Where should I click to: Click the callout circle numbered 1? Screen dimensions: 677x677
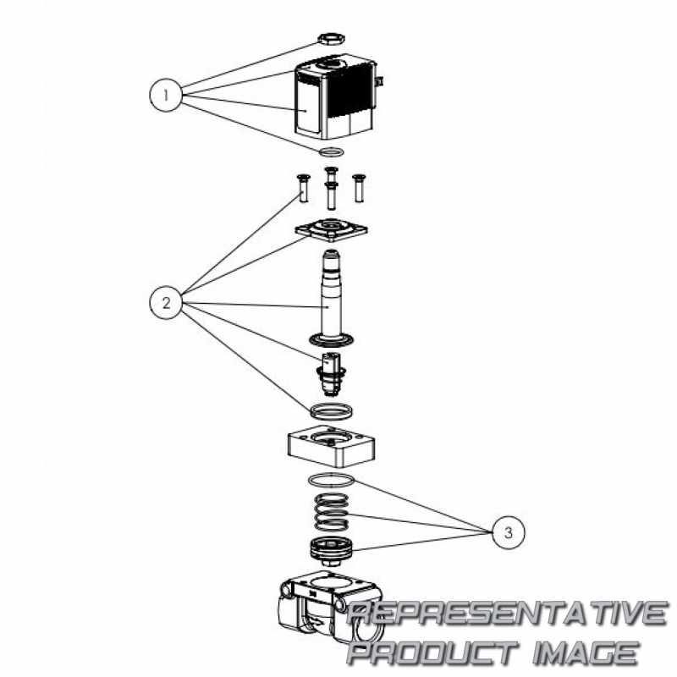(x=166, y=95)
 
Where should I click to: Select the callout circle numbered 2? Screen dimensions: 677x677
(x=166, y=303)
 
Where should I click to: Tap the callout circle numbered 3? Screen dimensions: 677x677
(x=509, y=532)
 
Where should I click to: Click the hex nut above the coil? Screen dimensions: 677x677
(x=331, y=38)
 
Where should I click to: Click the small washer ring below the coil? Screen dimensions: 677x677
(x=331, y=152)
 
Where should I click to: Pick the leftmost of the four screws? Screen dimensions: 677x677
(x=303, y=187)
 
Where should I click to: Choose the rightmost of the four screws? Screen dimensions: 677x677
(x=358, y=188)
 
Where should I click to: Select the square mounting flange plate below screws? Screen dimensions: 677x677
(x=331, y=229)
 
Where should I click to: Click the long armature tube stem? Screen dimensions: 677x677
(x=332, y=297)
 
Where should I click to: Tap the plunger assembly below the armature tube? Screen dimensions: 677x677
(x=331, y=374)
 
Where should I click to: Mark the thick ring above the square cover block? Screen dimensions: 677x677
(x=331, y=411)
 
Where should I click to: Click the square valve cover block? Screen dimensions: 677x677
(x=331, y=447)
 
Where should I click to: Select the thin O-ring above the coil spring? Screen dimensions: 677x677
(x=331, y=480)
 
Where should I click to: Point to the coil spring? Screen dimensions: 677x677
(x=331, y=512)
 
